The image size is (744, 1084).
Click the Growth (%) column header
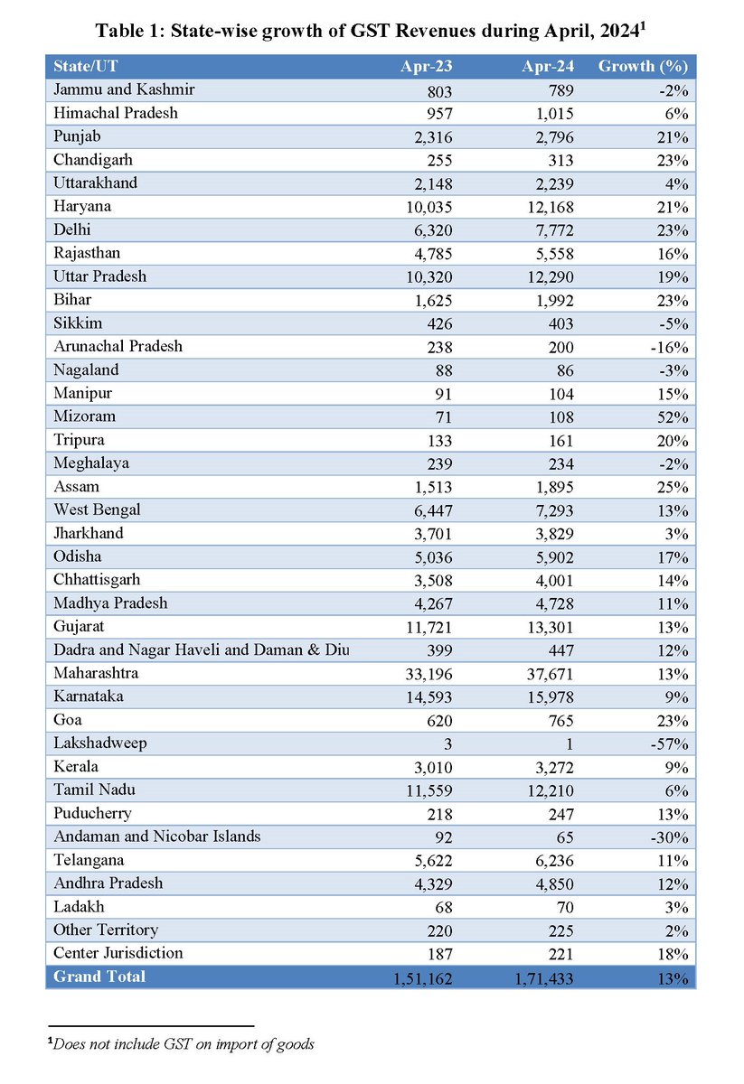pyautogui.click(x=643, y=67)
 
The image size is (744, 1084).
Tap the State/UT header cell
pyautogui.click(x=86, y=67)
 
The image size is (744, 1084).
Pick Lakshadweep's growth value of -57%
pyautogui.click(x=670, y=744)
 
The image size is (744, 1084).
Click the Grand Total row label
pyautogui.click(x=99, y=977)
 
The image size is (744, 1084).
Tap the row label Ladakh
pyautogui.click(x=79, y=907)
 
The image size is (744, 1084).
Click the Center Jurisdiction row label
pyautogui.click(x=118, y=953)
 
